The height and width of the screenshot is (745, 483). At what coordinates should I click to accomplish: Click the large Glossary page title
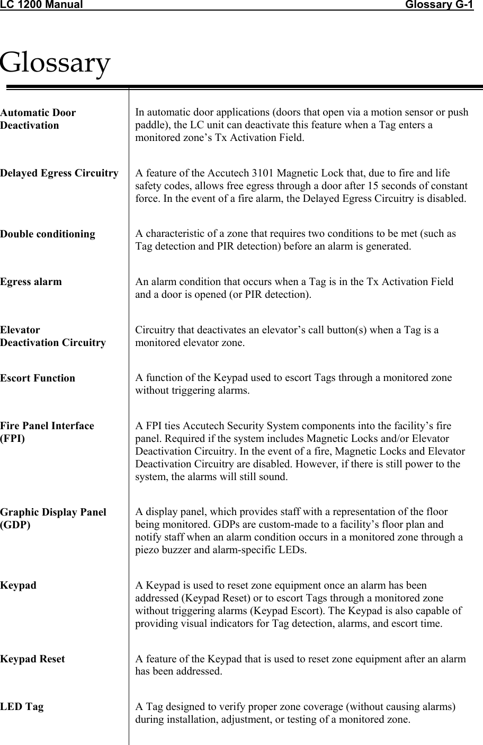(55, 63)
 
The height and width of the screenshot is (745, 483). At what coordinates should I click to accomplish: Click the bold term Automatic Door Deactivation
(38, 119)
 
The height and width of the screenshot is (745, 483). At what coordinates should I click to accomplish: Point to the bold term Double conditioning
(48, 234)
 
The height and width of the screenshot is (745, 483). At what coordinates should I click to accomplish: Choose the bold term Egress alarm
(31, 282)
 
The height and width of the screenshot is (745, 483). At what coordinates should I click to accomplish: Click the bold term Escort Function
(38, 378)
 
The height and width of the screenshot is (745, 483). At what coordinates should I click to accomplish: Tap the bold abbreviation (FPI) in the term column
(12, 439)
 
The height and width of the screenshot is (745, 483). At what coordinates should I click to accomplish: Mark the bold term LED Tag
(22, 707)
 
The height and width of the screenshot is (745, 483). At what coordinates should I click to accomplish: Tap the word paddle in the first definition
(149, 126)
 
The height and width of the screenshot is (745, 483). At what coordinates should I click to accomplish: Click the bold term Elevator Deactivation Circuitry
(52, 336)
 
